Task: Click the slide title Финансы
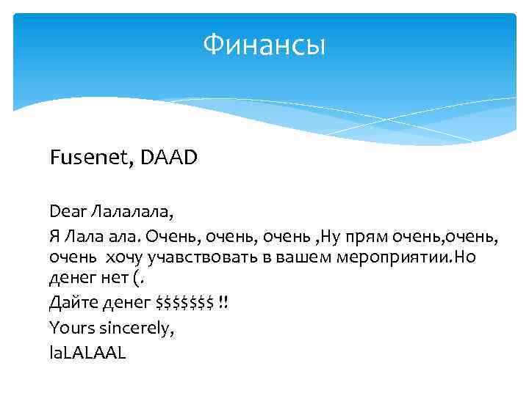(x=264, y=46)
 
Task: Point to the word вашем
(x=297, y=257)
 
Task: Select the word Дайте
(x=71, y=302)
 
